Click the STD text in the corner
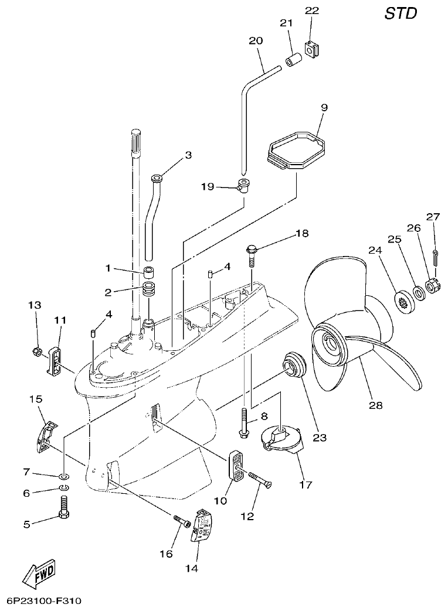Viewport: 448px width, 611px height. [x=401, y=14]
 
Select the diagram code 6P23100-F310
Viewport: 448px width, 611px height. [x=44, y=601]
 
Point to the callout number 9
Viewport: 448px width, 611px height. [x=324, y=107]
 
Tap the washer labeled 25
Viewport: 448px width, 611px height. [x=419, y=292]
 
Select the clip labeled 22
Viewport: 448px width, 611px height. [x=312, y=50]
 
